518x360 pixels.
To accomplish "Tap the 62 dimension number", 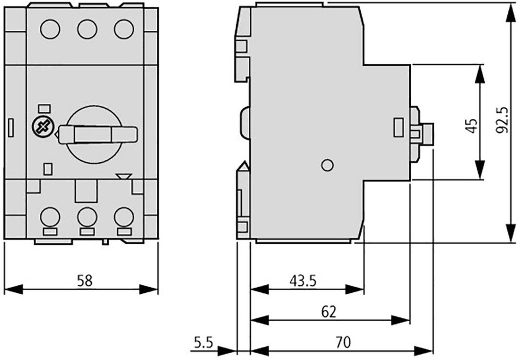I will click(329, 311).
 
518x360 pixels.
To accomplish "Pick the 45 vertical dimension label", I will click(471, 125).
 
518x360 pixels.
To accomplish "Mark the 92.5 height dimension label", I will click(502, 120).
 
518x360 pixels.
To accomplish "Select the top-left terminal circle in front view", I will click(51, 29).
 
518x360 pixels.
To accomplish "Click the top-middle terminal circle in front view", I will click(87, 29).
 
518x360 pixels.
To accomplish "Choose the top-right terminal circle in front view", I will click(124, 29).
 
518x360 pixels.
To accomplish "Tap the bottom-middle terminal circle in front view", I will click(87, 217).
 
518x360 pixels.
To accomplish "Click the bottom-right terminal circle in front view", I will click(123, 217).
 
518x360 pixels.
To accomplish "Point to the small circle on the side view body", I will click(327, 165).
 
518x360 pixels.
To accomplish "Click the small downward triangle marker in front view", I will click(123, 176).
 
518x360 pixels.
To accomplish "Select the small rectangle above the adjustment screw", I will click(44, 108).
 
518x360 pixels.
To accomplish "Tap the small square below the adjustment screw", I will click(48, 169).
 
